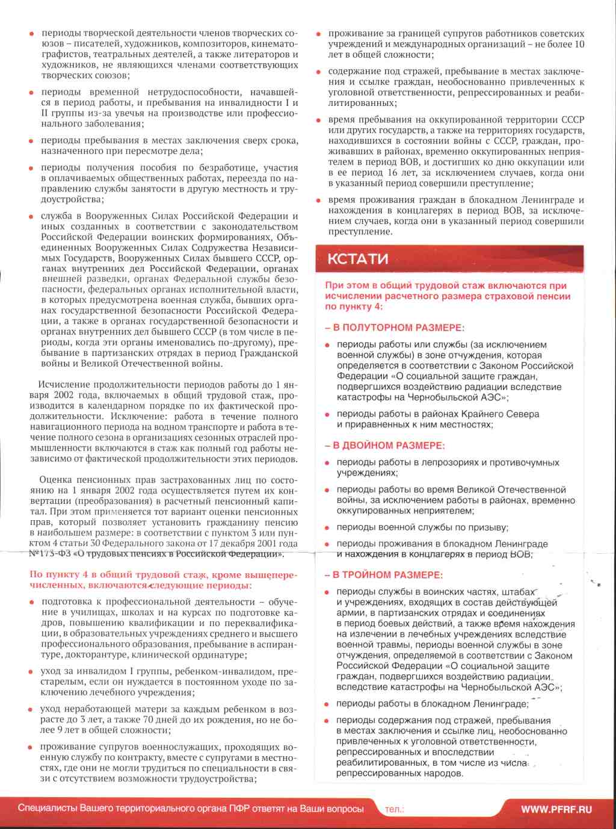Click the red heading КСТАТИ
tap(357, 259)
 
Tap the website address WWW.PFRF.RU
tap(556, 809)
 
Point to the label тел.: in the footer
tap(394, 809)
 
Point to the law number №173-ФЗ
tap(50, 554)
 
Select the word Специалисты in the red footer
tap(48, 809)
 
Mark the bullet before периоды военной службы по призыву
tap(327, 528)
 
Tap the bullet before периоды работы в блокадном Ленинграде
tap(327, 704)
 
